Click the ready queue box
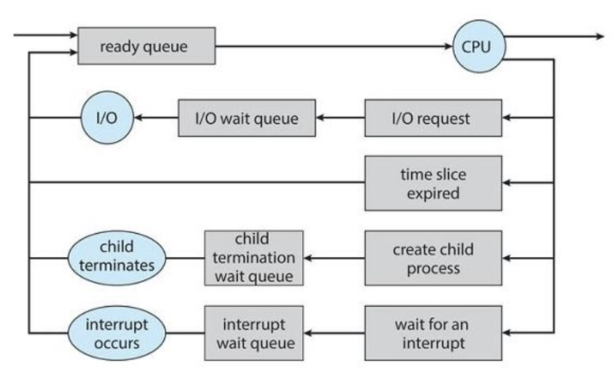(146, 46)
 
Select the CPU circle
(479, 46)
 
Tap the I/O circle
(107, 118)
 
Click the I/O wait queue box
(246, 118)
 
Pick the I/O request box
(434, 118)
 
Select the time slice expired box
(434, 183)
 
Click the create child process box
(434, 258)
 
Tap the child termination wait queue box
(254, 258)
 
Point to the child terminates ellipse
(117, 258)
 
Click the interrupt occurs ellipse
(117, 333)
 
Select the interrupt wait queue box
(254, 333)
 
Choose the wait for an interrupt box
(434, 333)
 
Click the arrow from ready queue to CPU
(334, 46)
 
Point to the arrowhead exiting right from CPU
(600, 36)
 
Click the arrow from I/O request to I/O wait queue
(340, 118)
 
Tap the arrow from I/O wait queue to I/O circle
(156, 118)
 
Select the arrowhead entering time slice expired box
(507, 182)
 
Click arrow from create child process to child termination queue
(334, 258)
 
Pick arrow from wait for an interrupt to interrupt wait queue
(334, 333)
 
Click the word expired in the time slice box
(433, 193)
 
